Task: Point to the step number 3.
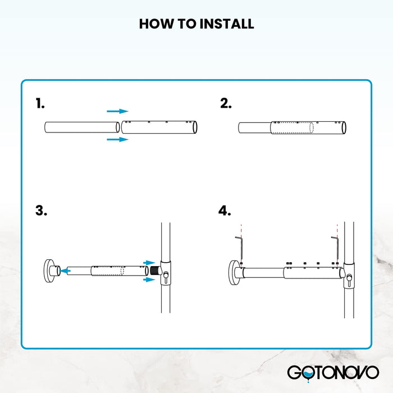click(41, 211)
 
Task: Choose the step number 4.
click(225, 211)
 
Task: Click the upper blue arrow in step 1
click(117, 111)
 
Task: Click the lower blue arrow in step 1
click(117, 139)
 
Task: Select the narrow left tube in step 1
click(81, 127)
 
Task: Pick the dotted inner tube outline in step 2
click(291, 127)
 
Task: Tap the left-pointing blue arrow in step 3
click(66, 270)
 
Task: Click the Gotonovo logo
click(333, 372)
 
